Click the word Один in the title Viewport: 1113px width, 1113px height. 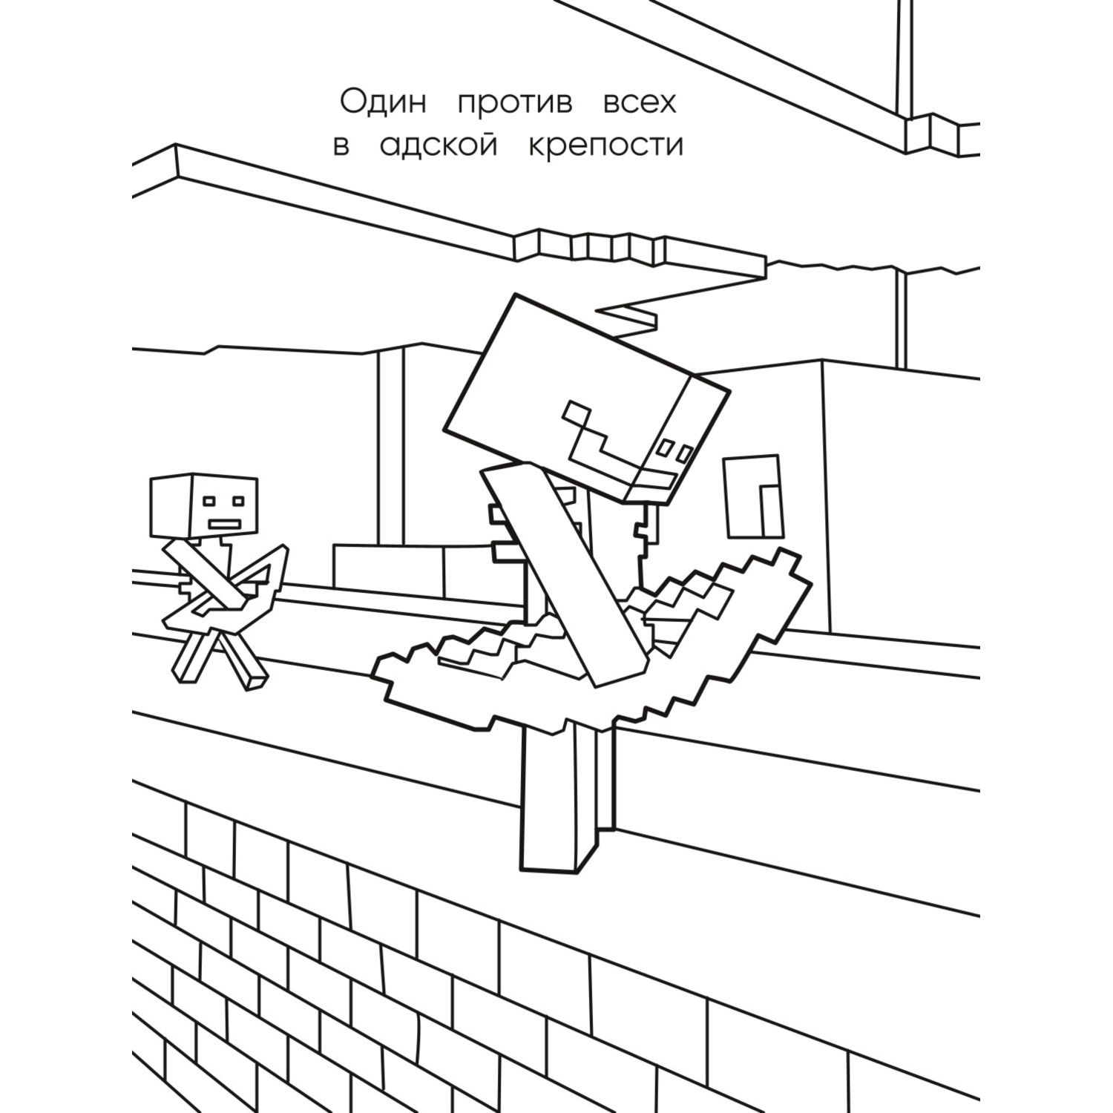click(383, 104)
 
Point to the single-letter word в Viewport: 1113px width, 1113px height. click(341, 147)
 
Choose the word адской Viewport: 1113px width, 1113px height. click(438, 147)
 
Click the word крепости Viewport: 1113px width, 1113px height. click(605, 147)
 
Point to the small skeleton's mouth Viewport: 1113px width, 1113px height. click(223, 525)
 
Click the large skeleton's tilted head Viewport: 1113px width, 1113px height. click(586, 393)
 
